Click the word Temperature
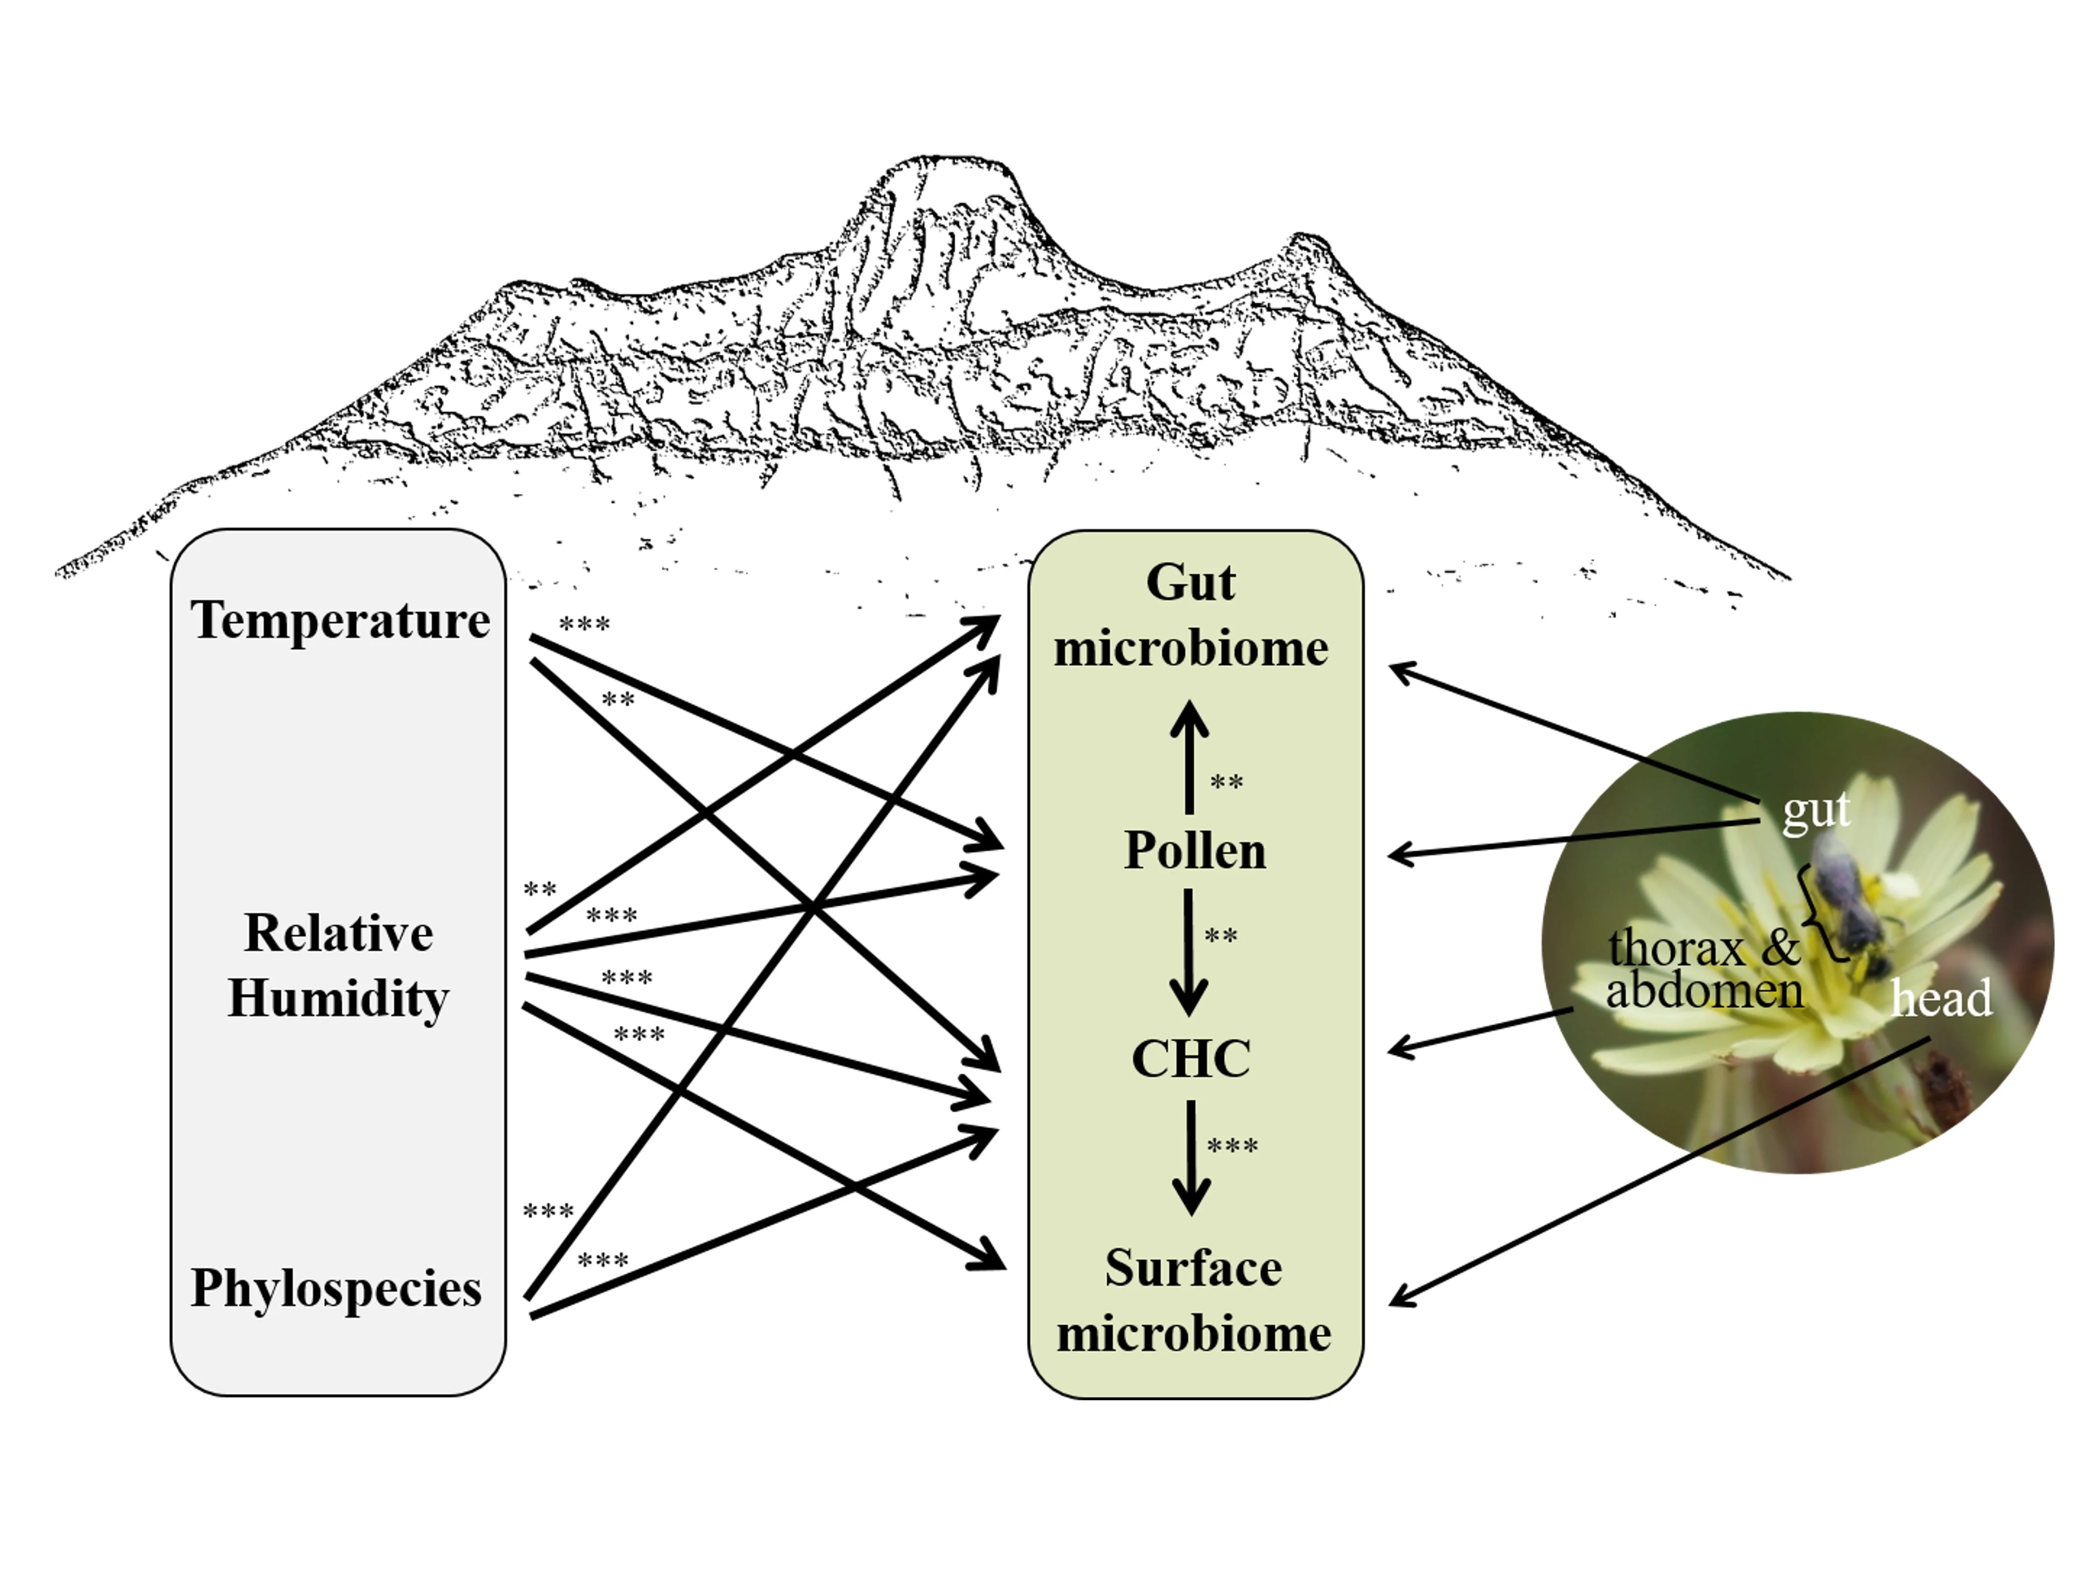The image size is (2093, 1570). point(340,621)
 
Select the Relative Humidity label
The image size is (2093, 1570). point(338,965)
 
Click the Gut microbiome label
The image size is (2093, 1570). point(1191,615)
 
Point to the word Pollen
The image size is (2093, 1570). point(1194,850)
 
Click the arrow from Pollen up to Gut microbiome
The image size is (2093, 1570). point(1189,757)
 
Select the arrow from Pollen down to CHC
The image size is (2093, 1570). point(1188,951)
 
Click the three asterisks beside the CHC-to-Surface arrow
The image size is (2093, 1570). point(1232,1147)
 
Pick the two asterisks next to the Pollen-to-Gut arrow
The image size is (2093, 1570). point(1226,783)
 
